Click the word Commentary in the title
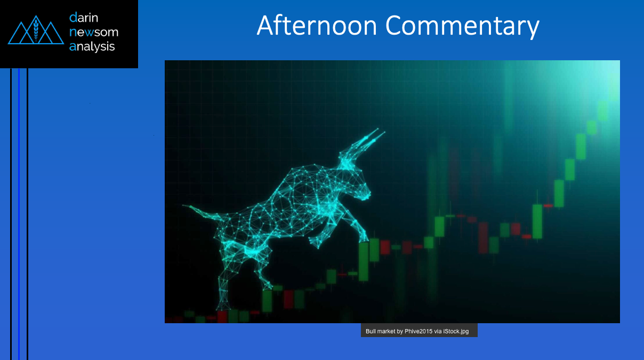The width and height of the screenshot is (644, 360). [462, 27]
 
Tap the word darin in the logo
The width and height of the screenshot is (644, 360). [84, 18]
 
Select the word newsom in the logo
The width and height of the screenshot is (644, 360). [94, 32]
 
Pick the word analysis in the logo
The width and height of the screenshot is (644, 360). [92, 46]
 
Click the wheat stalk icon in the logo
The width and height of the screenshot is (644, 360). [36, 29]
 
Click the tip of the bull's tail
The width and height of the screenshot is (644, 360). [183, 205]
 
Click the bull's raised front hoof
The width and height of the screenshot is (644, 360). [364, 238]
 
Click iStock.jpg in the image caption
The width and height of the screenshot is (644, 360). [456, 331]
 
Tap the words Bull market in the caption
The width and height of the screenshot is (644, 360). [380, 331]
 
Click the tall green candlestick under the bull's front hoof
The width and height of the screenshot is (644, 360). [364, 261]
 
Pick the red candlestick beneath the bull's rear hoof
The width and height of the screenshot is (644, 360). [222, 316]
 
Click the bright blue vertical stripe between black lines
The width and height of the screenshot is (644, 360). [19, 214]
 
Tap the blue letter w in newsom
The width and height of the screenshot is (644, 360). [89, 33]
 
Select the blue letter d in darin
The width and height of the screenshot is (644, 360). [73, 18]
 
